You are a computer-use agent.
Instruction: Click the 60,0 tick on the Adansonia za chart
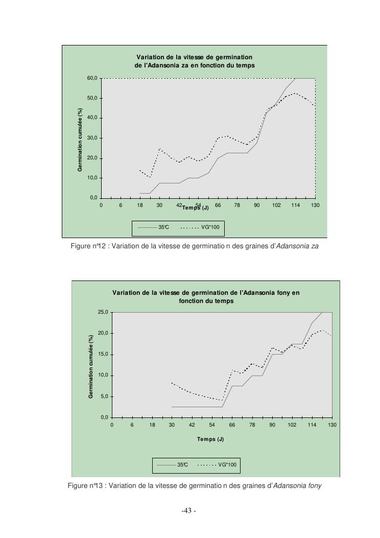[x=92, y=78]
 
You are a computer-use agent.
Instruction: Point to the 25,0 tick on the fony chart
[x=103, y=312]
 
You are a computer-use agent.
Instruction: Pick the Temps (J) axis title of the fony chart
[x=210, y=439]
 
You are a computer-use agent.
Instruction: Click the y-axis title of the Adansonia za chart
[x=81, y=138]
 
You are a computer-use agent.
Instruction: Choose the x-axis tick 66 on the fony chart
[x=232, y=425]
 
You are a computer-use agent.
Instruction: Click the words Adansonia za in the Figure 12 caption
[x=297, y=246]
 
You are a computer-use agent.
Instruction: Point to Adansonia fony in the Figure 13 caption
[x=297, y=485]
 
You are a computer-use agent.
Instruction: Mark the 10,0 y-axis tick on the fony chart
[x=103, y=376]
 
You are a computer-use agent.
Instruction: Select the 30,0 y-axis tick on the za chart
[x=92, y=138]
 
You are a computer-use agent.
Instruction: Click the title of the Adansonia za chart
[x=195, y=61]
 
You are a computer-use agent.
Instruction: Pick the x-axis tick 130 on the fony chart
[x=332, y=425]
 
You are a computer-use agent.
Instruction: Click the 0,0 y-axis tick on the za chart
[x=93, y=198]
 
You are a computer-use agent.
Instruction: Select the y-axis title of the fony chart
[x=91, y=365]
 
